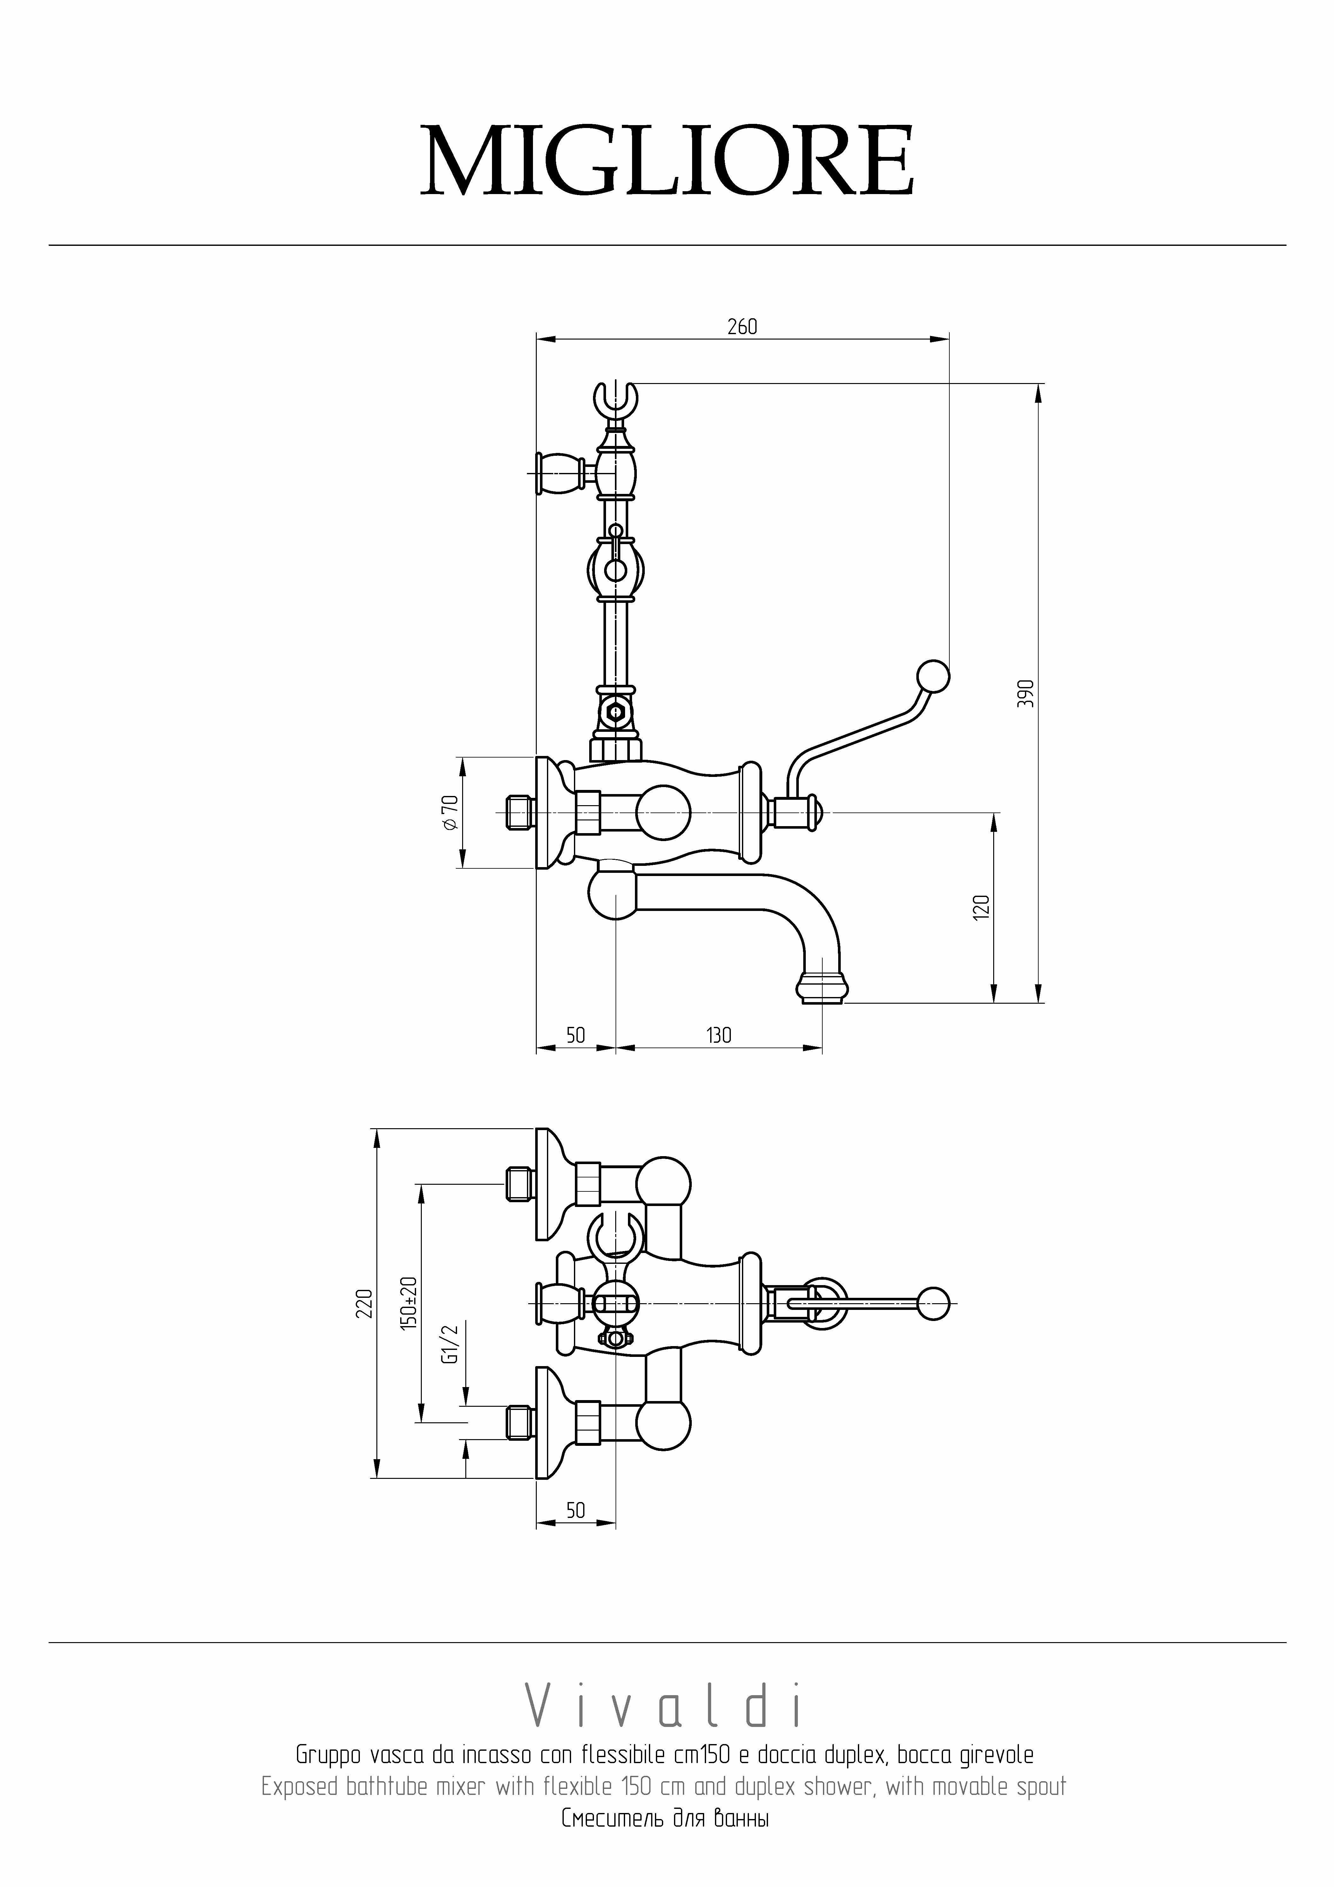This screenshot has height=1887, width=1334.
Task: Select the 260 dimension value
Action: pos(742,327)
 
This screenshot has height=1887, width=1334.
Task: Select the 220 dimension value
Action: pos(364,1304)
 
